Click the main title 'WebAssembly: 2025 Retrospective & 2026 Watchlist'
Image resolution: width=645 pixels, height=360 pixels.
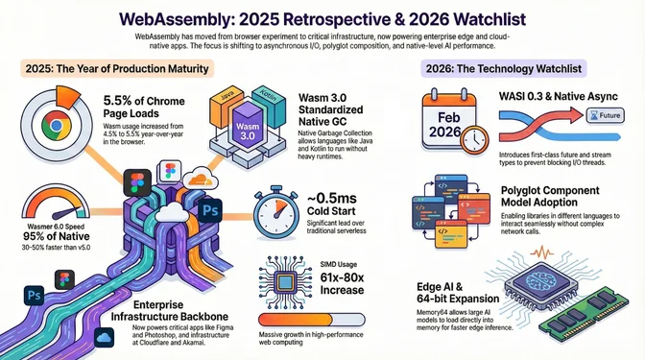coord(322,16)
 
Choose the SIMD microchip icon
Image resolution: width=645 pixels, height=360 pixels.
coord(284,284)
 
